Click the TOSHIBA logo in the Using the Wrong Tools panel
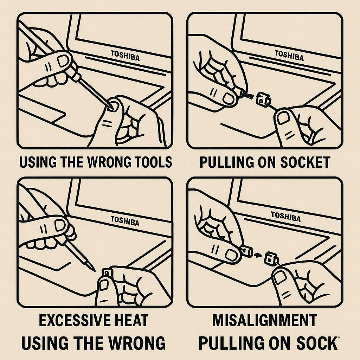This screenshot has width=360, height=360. [125, 56]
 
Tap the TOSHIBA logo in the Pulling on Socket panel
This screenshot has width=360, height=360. [289, 56]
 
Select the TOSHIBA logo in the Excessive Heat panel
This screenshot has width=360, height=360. [125, 221]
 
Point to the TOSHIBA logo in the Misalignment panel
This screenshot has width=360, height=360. [286, 217]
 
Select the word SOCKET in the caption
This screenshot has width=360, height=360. [305, 162]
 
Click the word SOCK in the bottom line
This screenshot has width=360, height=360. [316, 343]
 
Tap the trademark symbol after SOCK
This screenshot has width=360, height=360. [339, 337]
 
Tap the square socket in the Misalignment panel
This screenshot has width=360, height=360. [271, 258]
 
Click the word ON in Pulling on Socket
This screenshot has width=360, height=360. [266, 162]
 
